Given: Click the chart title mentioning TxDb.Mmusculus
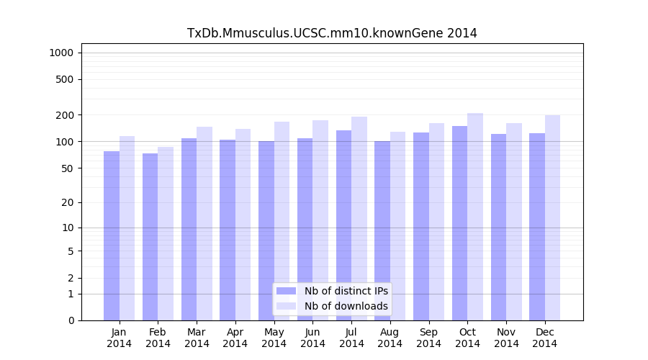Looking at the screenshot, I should [332, 33].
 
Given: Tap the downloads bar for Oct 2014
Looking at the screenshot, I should [475, 216].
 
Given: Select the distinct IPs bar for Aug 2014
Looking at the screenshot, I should [382, 230].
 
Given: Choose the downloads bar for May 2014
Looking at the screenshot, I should [282, 220].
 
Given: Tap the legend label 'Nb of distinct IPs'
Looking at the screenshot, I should [346, 291].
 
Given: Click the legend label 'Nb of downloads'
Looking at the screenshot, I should [346, 306].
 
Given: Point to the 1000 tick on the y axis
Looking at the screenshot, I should [61, 53].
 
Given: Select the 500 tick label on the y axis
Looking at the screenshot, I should [64, 79].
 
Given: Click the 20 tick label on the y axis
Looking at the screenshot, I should [67, 202].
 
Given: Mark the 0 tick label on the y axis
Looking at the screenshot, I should [70, 320].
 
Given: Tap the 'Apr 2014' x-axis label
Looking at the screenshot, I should [235, 338].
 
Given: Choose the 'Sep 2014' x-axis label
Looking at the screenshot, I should [428, 338].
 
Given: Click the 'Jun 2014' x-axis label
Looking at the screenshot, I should [312, 338].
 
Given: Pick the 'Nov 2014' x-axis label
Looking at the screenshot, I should [506, 338].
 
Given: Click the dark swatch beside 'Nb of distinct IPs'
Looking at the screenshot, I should [287, 291].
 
